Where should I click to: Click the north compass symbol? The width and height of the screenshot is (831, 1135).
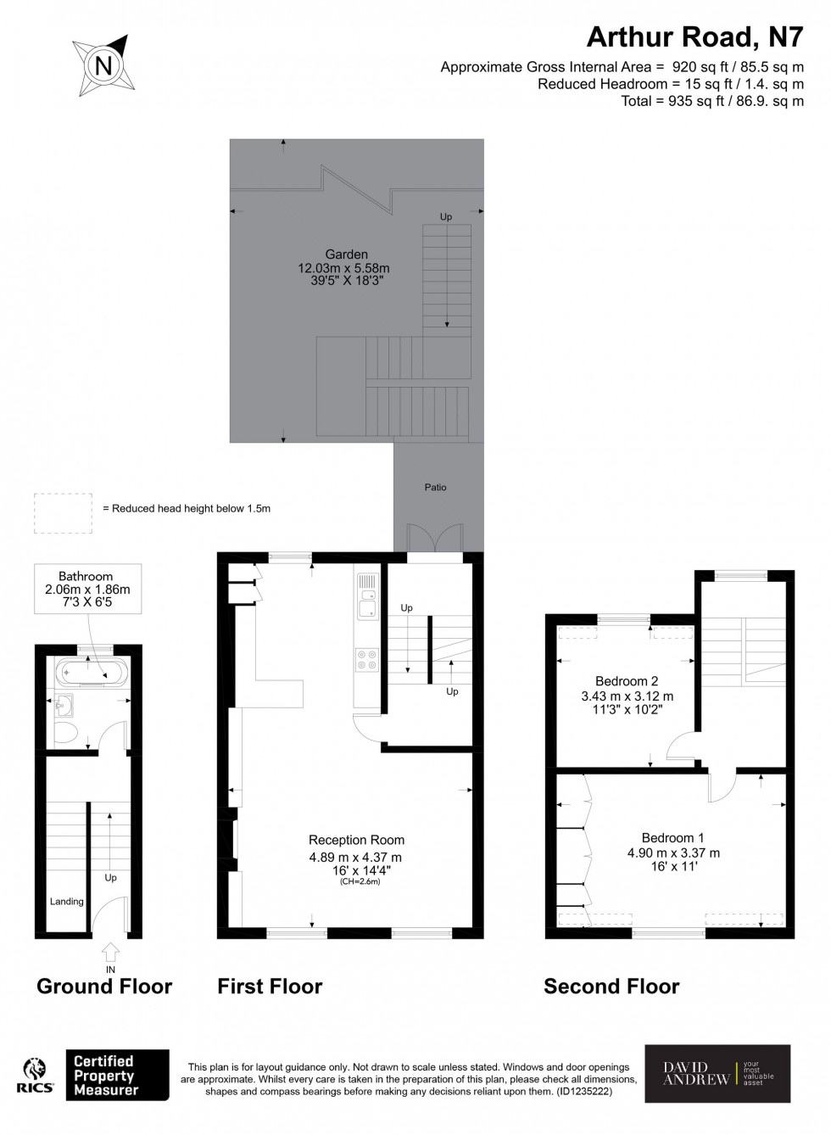tap(103, 64)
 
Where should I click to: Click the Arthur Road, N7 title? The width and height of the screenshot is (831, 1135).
tap(694, 36)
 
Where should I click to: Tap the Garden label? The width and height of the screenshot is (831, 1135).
tap(346, 254)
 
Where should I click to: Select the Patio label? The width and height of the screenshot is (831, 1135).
tap(435, 487)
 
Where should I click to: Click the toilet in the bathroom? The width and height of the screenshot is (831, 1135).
tap(65, 732)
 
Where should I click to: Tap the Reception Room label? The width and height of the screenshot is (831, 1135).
tap(356, 840)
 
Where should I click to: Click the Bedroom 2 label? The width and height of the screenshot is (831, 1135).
tap(627, 681)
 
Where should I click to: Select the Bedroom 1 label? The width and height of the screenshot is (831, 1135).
tap(672, 837)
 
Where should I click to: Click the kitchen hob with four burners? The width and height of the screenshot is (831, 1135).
tap(367, 659)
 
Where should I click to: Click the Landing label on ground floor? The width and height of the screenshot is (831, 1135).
tap(66, 901)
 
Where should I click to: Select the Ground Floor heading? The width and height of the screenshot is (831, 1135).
tap(104, 986)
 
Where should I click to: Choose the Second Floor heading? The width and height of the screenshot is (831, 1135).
tap(611, 986)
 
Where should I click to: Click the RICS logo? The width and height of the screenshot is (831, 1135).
tap(35, 1075)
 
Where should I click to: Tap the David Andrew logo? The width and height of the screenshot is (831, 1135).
tap(717, 1073)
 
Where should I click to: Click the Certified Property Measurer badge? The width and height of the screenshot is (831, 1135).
tap(117, 1075)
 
